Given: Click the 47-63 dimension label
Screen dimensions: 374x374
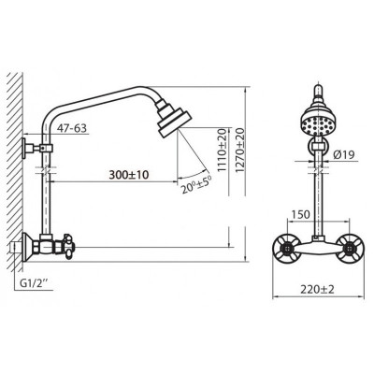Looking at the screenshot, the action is click(x=72, y=128).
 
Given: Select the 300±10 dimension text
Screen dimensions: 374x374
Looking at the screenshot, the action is click(x=129, y=175).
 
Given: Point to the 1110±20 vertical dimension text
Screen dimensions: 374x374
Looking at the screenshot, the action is click(x=222, y=150).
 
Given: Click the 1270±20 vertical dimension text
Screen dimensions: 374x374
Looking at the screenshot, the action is click(x=240, y=150).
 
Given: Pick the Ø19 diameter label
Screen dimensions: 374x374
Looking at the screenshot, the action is click(x=343, y=155).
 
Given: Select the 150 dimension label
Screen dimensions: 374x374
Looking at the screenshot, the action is click(x=301, y=214).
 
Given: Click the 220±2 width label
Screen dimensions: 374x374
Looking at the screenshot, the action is click(x=317, y=290).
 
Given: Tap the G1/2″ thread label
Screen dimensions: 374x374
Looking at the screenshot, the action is click(x=34, y=283).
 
